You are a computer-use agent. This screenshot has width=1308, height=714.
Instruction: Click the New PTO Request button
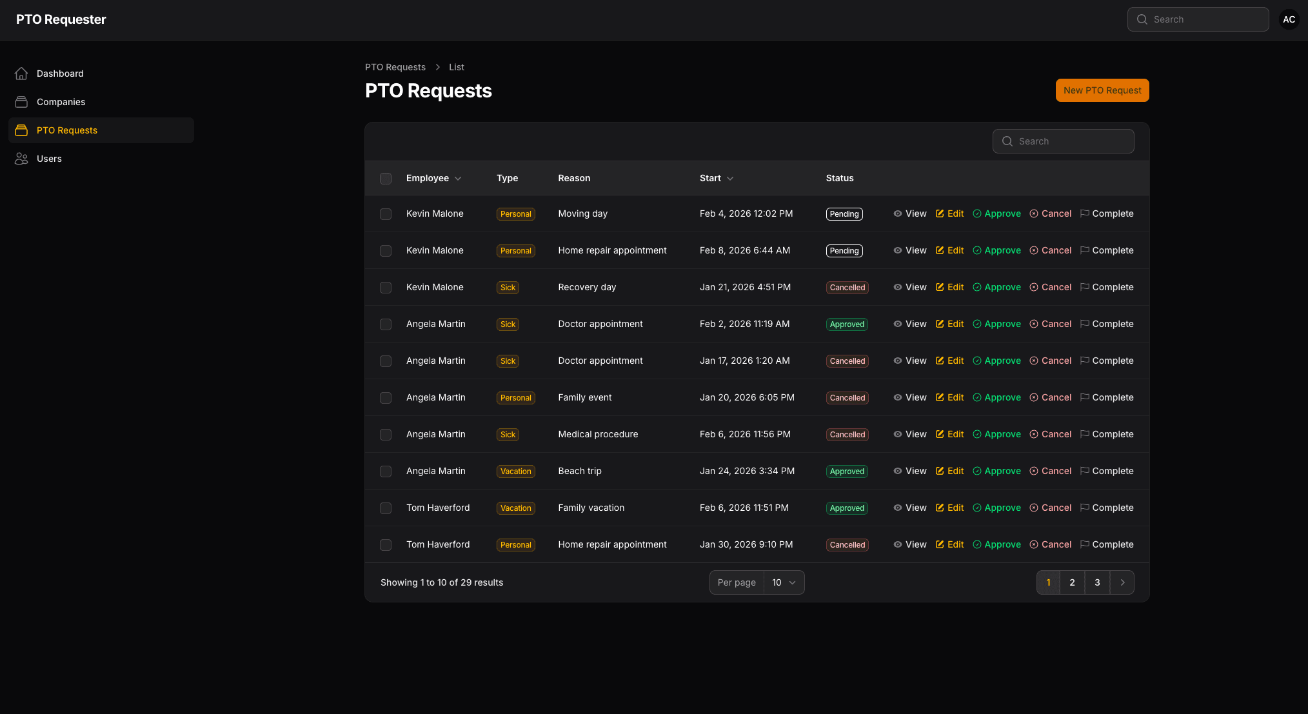click(1102, 90)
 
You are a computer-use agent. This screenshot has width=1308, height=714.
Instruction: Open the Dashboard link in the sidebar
click(60, 74)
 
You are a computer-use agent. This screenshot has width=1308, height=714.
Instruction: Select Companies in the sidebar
click(61, 102)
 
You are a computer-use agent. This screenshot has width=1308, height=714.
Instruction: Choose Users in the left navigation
click(49, 159)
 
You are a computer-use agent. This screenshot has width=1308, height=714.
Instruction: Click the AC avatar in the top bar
click(1289, 19)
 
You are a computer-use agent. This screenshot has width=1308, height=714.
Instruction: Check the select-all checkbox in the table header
click(386, 179)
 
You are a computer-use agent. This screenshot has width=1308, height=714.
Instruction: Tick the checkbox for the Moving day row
click(386, 214)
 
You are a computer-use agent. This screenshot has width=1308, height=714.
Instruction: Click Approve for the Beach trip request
click(996, 471)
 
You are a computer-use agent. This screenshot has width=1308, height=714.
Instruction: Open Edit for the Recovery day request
click(949, 287)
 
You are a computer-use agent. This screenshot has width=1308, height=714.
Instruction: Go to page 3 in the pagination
click(1097, 582)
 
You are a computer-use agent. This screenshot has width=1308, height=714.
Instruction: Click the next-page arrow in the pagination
click(1122, 582)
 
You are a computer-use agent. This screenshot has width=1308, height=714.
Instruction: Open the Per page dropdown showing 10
click(784, 582)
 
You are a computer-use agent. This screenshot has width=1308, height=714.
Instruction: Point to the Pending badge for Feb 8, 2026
click(844, 251)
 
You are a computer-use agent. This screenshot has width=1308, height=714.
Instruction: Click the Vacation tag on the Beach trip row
click(515, 471)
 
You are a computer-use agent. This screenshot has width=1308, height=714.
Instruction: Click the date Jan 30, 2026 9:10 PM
click(746, 544)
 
